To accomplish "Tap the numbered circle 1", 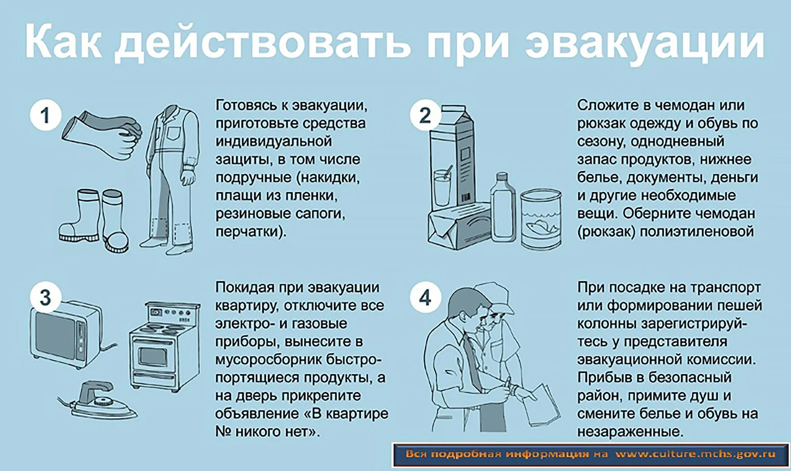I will [x=45, y=116].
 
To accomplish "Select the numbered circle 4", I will [x=424, y=298].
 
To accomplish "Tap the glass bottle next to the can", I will [x=502, y=209].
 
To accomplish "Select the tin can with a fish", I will [x=541, y=218].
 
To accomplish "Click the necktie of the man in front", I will [x=473, y=362].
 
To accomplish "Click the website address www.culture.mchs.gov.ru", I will [x=695, y=454].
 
